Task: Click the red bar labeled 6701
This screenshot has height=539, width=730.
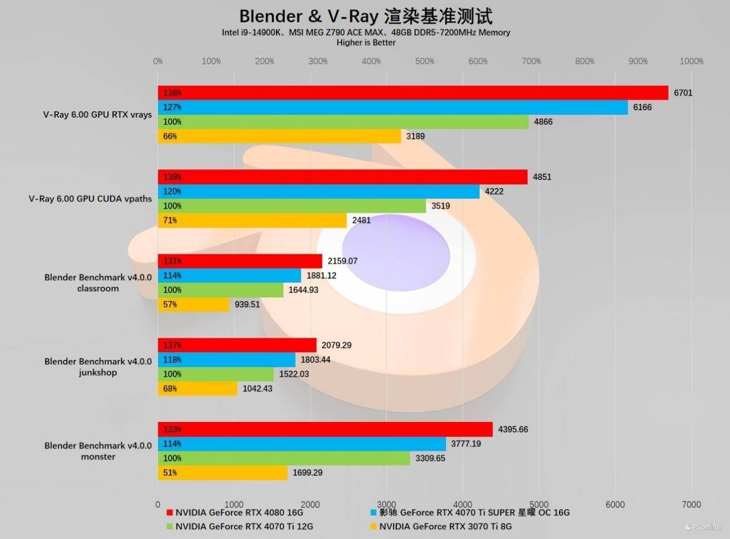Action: pos(413,93)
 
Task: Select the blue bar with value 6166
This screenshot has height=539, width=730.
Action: pos(392,107)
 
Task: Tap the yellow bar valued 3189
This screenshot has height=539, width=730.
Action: pos(279,137)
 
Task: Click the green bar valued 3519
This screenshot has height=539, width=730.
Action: pos(292,206)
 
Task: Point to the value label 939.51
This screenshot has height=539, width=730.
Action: pos(247,304)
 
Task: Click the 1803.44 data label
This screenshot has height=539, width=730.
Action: pos(316,360)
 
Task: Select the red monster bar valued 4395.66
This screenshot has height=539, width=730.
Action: pos(325,429)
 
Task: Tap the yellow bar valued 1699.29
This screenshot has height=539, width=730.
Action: pos(222,473)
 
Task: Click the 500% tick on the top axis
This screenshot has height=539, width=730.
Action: pos(425,62)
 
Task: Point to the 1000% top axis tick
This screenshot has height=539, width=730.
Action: pos(691,62)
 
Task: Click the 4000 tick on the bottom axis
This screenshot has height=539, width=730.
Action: pos(463,504)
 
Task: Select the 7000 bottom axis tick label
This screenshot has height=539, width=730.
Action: pos(691,504)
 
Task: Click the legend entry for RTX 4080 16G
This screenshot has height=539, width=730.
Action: pos(234,512)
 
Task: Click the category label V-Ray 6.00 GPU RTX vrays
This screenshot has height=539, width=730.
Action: pos(97,115)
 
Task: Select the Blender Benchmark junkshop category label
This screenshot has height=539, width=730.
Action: pos(98,367)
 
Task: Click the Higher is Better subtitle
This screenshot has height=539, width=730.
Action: pos(366,43)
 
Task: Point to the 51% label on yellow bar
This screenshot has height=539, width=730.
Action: pos(170,473)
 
